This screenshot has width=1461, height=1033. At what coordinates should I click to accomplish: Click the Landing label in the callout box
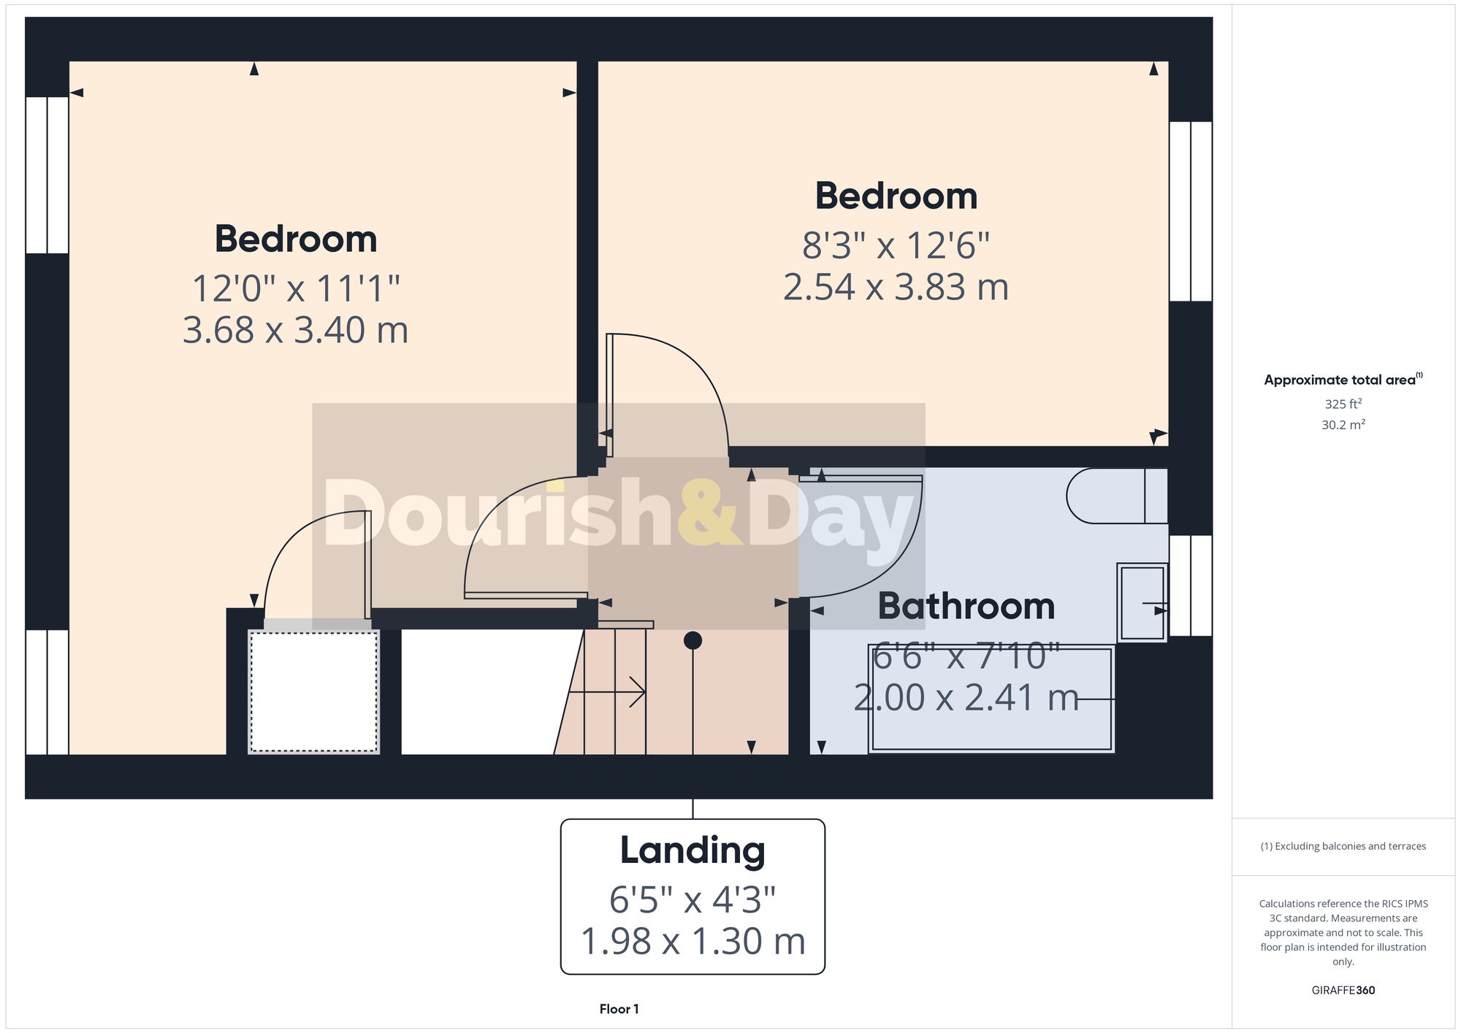point(693,850)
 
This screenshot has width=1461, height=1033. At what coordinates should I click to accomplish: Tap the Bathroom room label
point(966,606)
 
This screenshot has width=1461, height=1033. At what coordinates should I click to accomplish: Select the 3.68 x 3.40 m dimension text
point(295,330)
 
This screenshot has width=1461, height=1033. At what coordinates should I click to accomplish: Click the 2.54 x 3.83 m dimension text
point(896,287)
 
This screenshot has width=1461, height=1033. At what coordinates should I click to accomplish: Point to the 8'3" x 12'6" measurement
point(896,245)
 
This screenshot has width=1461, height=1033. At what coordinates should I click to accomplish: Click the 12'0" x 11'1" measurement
point(295,288)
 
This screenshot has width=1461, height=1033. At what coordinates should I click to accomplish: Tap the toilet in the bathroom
point(1115,496)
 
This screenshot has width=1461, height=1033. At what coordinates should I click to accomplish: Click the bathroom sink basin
point(1141,603)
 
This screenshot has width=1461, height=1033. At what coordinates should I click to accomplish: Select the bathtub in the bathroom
point(991,699)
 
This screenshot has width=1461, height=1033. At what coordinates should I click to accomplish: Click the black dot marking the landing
point(693,640)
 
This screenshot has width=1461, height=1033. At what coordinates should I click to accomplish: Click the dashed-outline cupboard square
point(313,691)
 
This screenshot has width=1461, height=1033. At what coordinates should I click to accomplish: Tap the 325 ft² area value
point(1343,404)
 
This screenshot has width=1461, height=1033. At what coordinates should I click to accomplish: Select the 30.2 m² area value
point(1343,425)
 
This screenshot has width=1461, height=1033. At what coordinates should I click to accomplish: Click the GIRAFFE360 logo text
point(1343,990)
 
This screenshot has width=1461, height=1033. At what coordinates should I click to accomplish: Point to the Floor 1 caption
point(619,1009)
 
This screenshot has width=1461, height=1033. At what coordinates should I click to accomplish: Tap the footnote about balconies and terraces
point(1343,846)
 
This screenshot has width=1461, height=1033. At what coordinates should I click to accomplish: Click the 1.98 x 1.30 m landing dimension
point(693,941)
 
